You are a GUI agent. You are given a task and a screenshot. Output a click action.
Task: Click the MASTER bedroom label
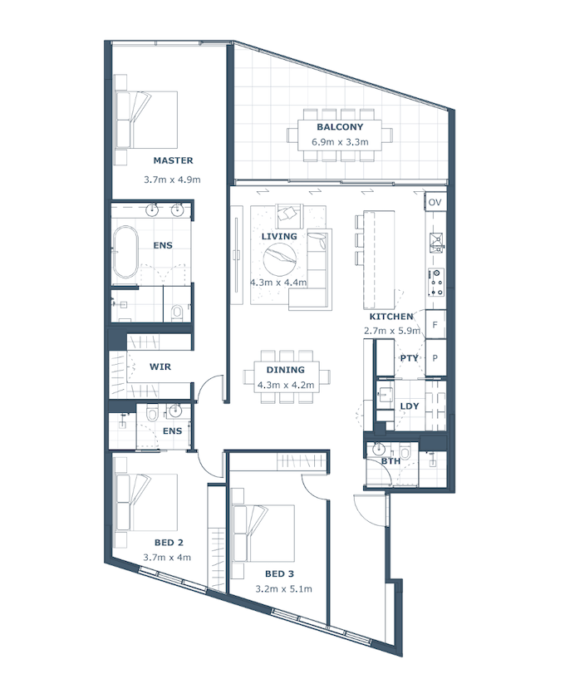(173, 160)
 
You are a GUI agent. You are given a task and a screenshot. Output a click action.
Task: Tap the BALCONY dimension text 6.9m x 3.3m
(340, 142)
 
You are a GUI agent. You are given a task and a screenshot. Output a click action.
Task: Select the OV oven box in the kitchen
(435, 202)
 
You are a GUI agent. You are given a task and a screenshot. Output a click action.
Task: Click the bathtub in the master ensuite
(125, 252)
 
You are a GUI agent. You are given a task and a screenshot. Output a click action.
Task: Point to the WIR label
(160, 367)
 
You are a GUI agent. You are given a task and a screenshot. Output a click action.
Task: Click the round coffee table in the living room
(280, 259)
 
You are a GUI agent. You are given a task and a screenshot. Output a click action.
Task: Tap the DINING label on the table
(285, 370)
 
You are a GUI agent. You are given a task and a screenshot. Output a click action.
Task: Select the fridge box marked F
(435, 325)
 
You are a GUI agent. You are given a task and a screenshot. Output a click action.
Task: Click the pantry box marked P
(435, 357)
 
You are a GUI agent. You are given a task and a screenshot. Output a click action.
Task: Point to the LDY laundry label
(410, 406)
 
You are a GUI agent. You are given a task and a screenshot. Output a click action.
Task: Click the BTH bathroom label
(391, 461)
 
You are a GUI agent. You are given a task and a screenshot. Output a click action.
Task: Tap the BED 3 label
(279, 573)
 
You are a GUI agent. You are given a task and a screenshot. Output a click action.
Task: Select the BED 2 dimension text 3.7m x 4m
(167, 558)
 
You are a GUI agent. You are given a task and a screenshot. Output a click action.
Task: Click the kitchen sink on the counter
(436, 243)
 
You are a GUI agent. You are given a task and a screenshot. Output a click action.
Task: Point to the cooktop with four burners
(436, 283)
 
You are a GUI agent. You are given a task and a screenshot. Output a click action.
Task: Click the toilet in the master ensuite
(177, 312)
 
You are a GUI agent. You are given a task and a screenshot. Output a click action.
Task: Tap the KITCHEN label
(391, 317)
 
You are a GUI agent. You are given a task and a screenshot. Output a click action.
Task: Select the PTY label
(409, 358)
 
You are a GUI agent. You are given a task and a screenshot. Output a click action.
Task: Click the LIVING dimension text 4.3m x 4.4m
(278, 283)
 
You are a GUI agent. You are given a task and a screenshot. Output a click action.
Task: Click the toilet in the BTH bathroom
(405, 452)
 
